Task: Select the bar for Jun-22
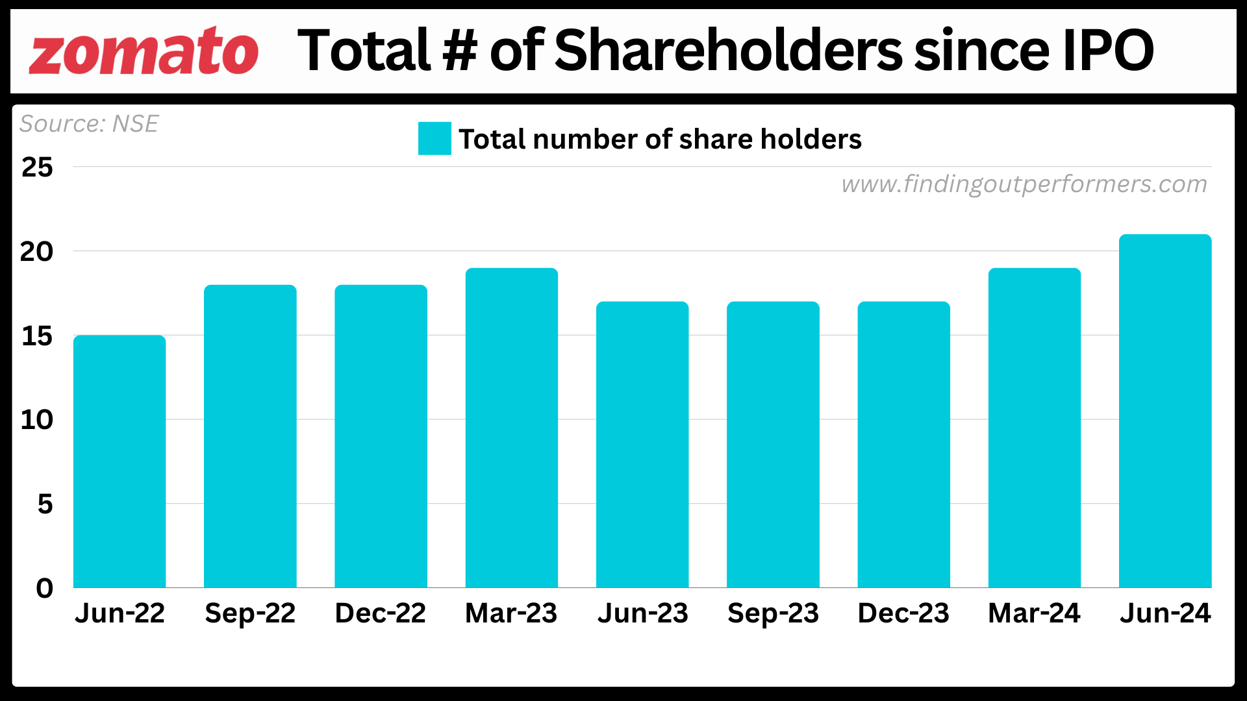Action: [x=120, y=461]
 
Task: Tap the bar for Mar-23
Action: [x=512, y=428]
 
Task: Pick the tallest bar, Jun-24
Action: [x=1165, y=411]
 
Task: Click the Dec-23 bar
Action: [x=903, y=445]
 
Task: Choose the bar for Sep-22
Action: [x=250, y=436]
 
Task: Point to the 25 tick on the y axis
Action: [x=37, y=167]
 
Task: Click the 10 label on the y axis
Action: [x=37, y=420]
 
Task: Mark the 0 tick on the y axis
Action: [x=44, y=588]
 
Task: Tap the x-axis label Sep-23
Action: [x=773, y=613]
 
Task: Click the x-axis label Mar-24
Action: [x=1034, y=613]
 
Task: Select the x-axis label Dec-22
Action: [x=381, y=613]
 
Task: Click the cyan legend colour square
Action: [x=435, y=138]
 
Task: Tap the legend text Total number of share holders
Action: [x=660, y=139]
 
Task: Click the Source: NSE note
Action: [x=89, y=123]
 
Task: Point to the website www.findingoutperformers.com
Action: [x=1024, y=184]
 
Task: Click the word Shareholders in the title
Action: [x=728, y=51]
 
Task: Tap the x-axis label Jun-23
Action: [x=642, y=613]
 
